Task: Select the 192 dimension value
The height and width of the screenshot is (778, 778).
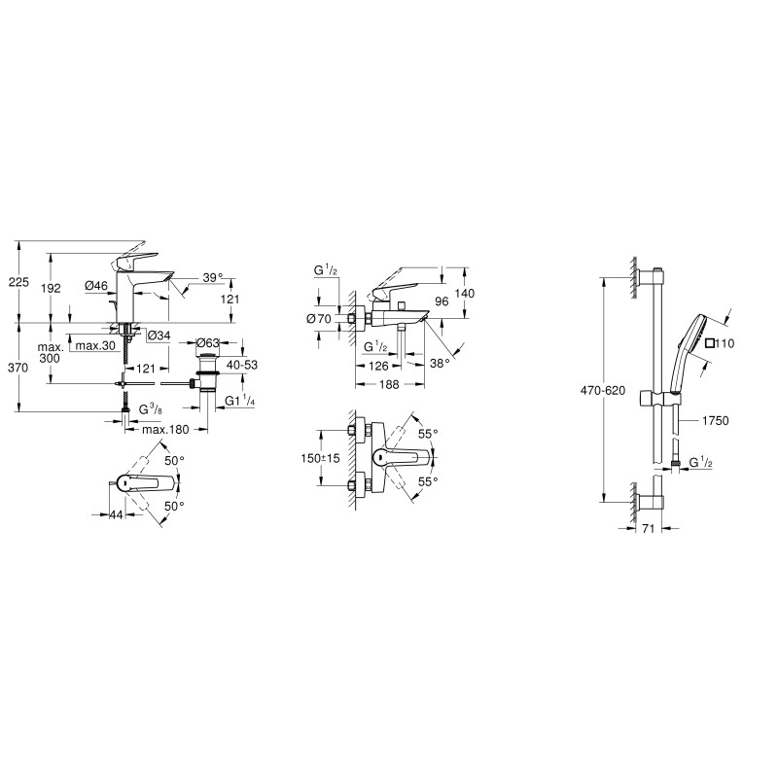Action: (53, 288)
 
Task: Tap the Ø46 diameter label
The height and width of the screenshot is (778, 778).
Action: (95, 286)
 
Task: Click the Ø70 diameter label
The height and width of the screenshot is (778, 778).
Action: (317, 318)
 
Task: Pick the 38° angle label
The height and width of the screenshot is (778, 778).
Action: (439, 362)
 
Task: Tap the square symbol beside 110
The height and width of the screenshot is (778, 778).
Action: (709, 342)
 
